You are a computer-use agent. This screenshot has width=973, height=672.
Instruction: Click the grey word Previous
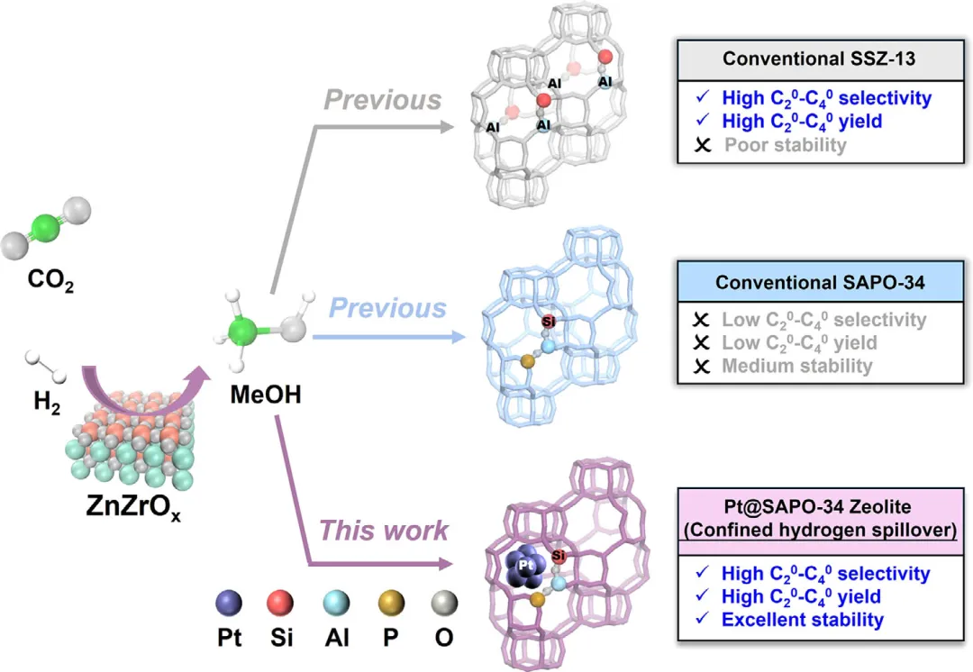(383, 100)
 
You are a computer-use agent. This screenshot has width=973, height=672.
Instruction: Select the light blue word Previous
(387, 309)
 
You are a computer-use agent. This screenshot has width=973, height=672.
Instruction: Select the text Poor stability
(785, 145)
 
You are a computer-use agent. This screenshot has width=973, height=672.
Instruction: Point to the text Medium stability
(796, 366)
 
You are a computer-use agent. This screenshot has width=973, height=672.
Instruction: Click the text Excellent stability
(803, 620)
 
